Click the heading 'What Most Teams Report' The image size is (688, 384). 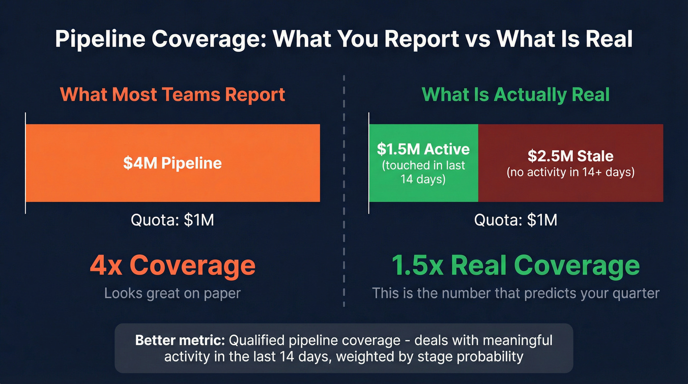point(172,94)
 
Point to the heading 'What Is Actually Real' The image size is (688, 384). point(516,94)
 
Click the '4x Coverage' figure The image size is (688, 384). point(172,265)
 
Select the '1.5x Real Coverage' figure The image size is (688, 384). point(516,265)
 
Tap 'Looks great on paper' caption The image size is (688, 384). point(172,294)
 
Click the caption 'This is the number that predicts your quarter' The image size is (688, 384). point(516,294)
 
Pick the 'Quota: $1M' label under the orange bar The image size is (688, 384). point(172,220)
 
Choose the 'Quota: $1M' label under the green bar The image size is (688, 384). point(516,220)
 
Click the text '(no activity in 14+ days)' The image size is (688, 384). point(571,173)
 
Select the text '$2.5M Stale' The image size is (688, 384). point(571,156)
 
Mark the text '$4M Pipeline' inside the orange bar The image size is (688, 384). point(172,163)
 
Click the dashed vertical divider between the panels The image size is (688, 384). point(344,197)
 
